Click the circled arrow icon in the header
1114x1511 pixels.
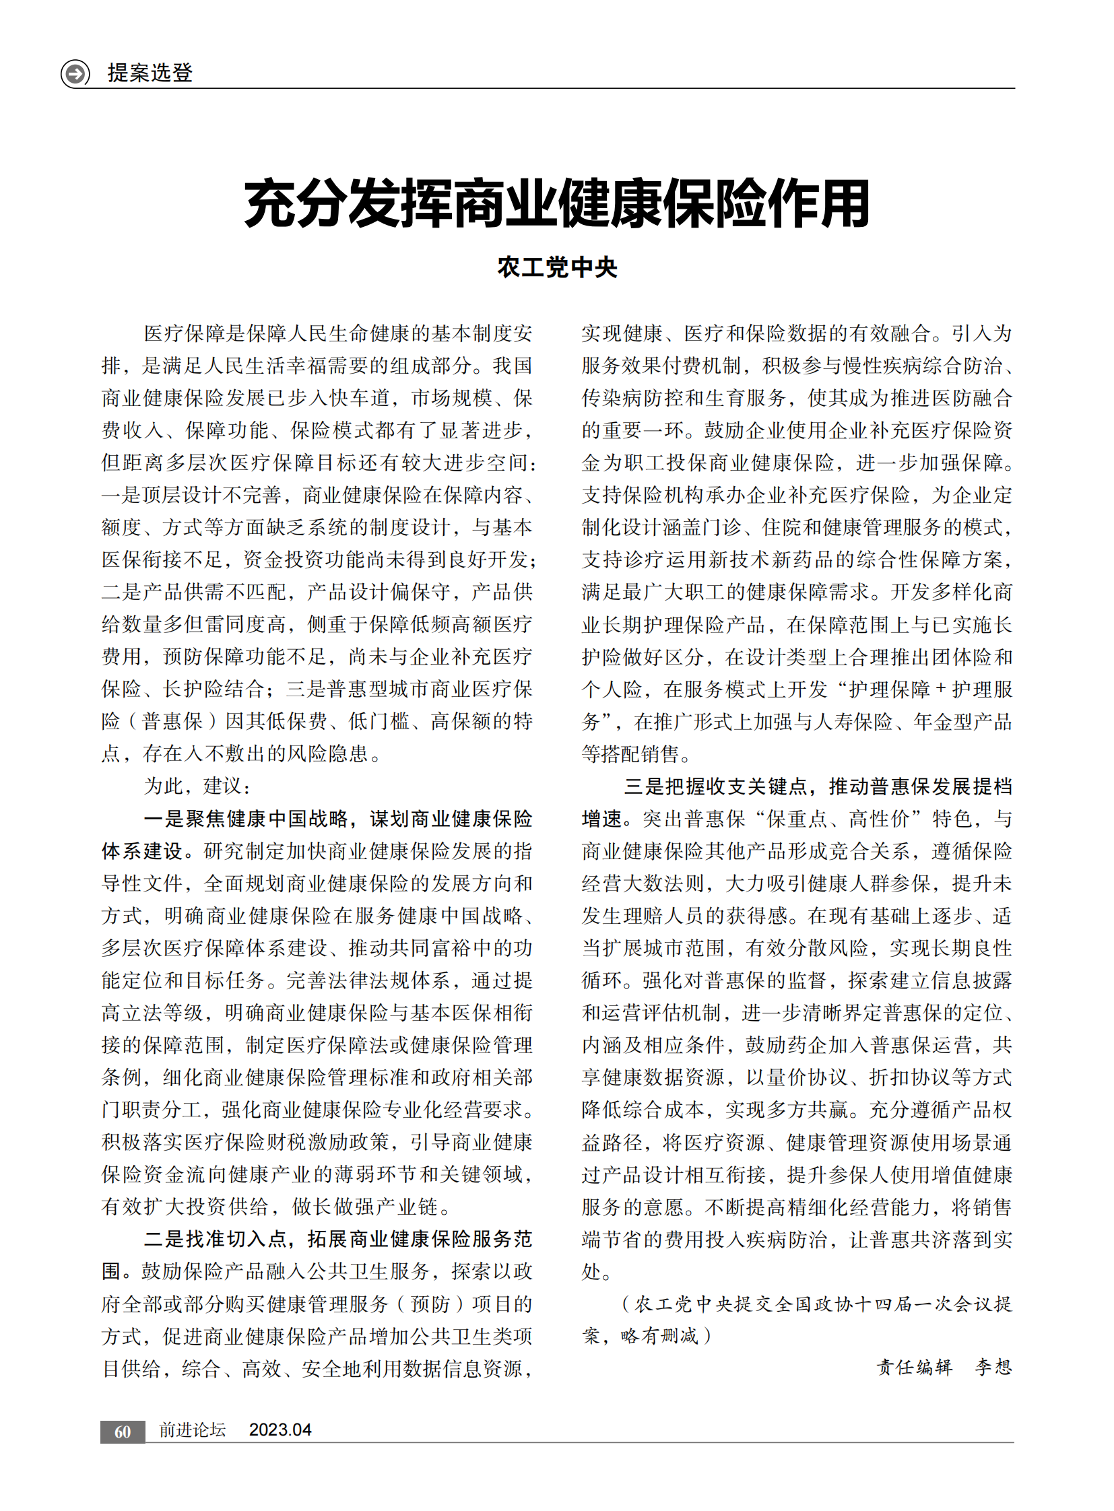(75, 73)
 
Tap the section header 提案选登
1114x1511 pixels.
(150, 73)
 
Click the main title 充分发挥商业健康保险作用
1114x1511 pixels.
(556, 203)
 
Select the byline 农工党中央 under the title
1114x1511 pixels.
(557, 268)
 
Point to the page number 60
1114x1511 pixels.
(123, 1432)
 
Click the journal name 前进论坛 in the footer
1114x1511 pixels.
(192, 1430)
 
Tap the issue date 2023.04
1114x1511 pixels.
(280, 1430)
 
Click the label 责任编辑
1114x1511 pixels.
(914, 1367)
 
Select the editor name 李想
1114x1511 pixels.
(993, 1367)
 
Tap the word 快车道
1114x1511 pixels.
(360, 398)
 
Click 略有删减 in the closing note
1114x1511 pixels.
(659, 1336)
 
